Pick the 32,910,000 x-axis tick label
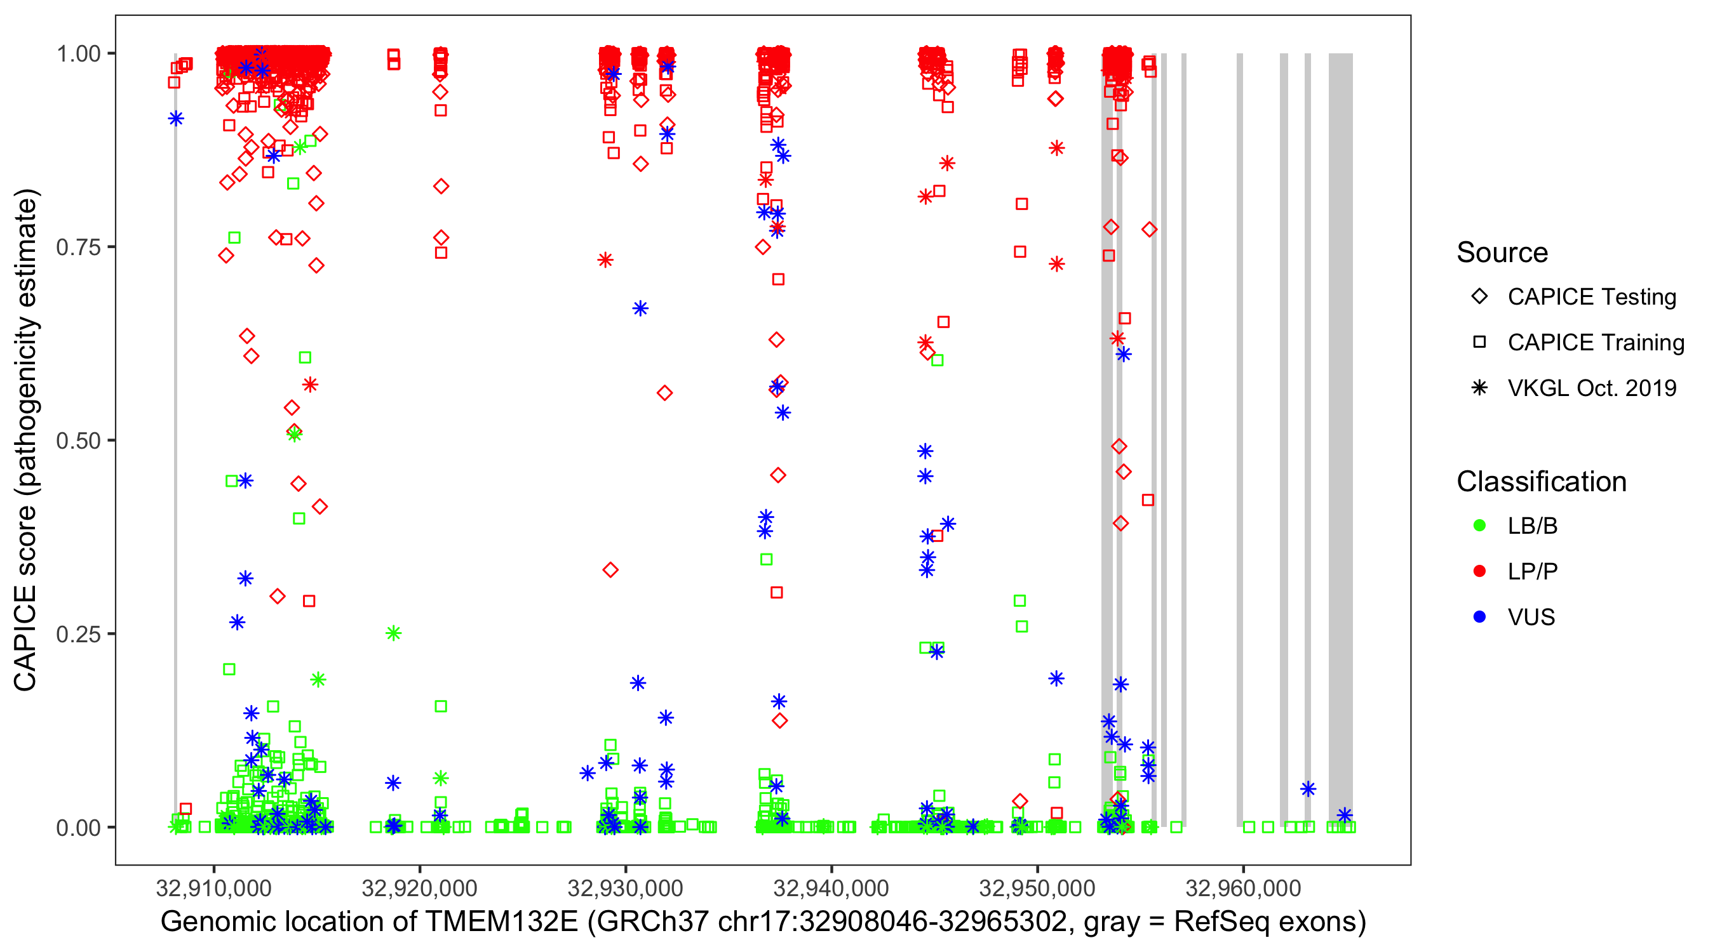point(213,888)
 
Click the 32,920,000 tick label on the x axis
point(419,888)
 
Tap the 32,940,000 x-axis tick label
point(831,888)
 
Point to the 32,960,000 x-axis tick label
point(1243,888)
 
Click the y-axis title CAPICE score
point(27,440)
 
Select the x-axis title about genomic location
point(763,922)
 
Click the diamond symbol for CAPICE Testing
point(1479,297)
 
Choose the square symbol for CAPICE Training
point(1479,343)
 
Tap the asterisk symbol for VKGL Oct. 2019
point(1479,388)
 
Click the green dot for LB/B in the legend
point(1479,526)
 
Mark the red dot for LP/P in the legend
point(1479,571)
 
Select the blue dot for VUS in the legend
point(1479,617)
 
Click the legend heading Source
point(1502,253)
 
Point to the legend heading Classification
point(1541,482)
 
